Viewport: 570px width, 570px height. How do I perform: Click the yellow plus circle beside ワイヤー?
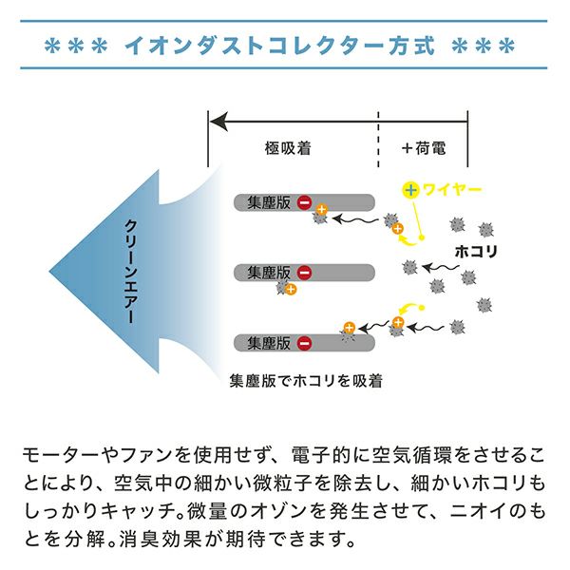410,190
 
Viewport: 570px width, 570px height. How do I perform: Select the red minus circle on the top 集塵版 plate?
304,201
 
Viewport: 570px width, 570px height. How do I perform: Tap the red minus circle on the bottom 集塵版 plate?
304,343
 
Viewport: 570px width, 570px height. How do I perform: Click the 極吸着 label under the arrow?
289,148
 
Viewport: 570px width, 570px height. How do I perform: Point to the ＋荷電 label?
423,148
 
